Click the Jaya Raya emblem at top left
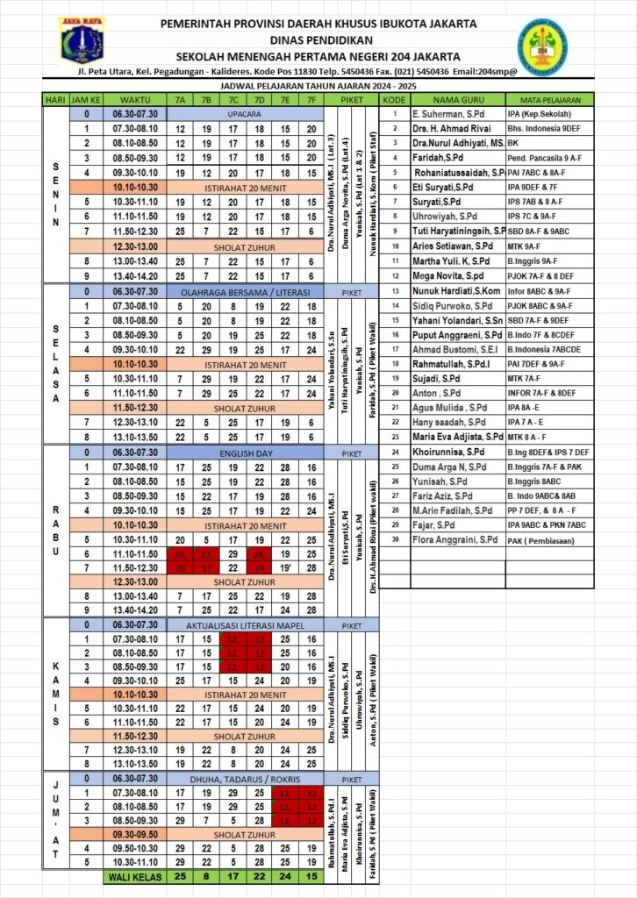[x=82, y=39]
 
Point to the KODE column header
[x=394, y=99]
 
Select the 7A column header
[x=180, y=100]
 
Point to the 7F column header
[x=311, y=100]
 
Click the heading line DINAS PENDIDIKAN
[x=320, y=39]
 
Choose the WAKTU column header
[x=134, y=100]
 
